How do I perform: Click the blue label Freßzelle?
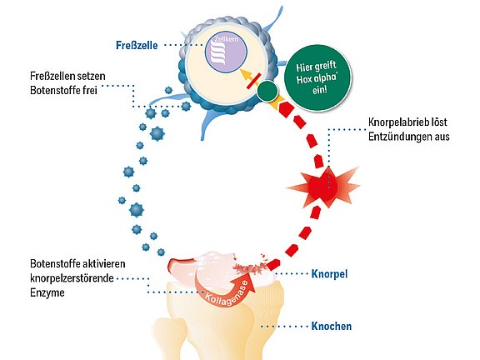click(137, 45)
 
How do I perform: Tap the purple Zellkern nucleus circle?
click(226, 52)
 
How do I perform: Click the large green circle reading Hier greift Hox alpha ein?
click(317, 77)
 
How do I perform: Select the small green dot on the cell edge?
click(267, 91)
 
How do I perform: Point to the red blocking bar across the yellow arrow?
click(254, 81)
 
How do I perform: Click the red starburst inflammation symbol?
click(323, 187)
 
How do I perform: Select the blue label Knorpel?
click(329, 273)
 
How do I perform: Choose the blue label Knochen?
click(331, 326)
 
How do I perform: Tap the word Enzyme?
click(47, 293)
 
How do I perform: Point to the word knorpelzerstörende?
click(72, 278)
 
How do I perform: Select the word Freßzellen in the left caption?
click(52, 76)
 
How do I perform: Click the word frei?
click(90, 91)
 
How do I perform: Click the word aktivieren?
click(105, 263)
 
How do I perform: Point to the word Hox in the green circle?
click(304, 80)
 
